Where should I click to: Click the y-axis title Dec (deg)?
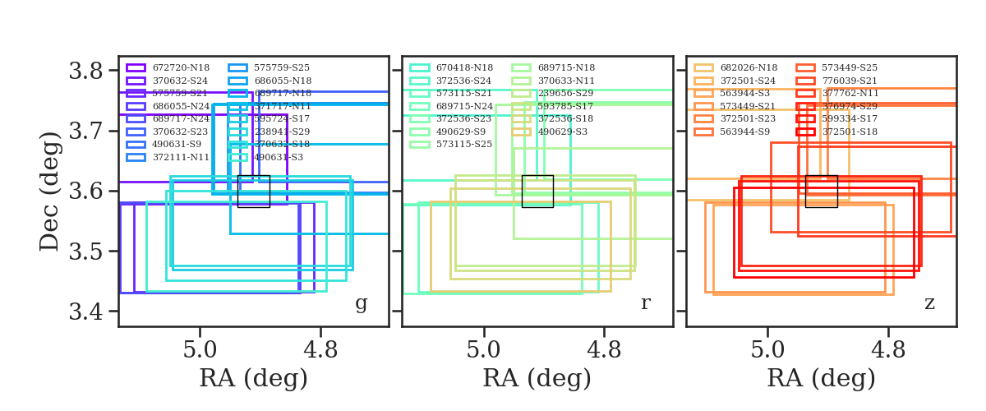(x=51, y=191)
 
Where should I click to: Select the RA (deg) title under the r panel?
(x=537, y=379)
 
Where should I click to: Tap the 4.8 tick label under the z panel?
(x=887, y=349)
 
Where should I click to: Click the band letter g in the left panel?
(x=361, y=303)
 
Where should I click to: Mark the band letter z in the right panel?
(x=929, y=303)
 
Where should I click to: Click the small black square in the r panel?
(x=537, y=191)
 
